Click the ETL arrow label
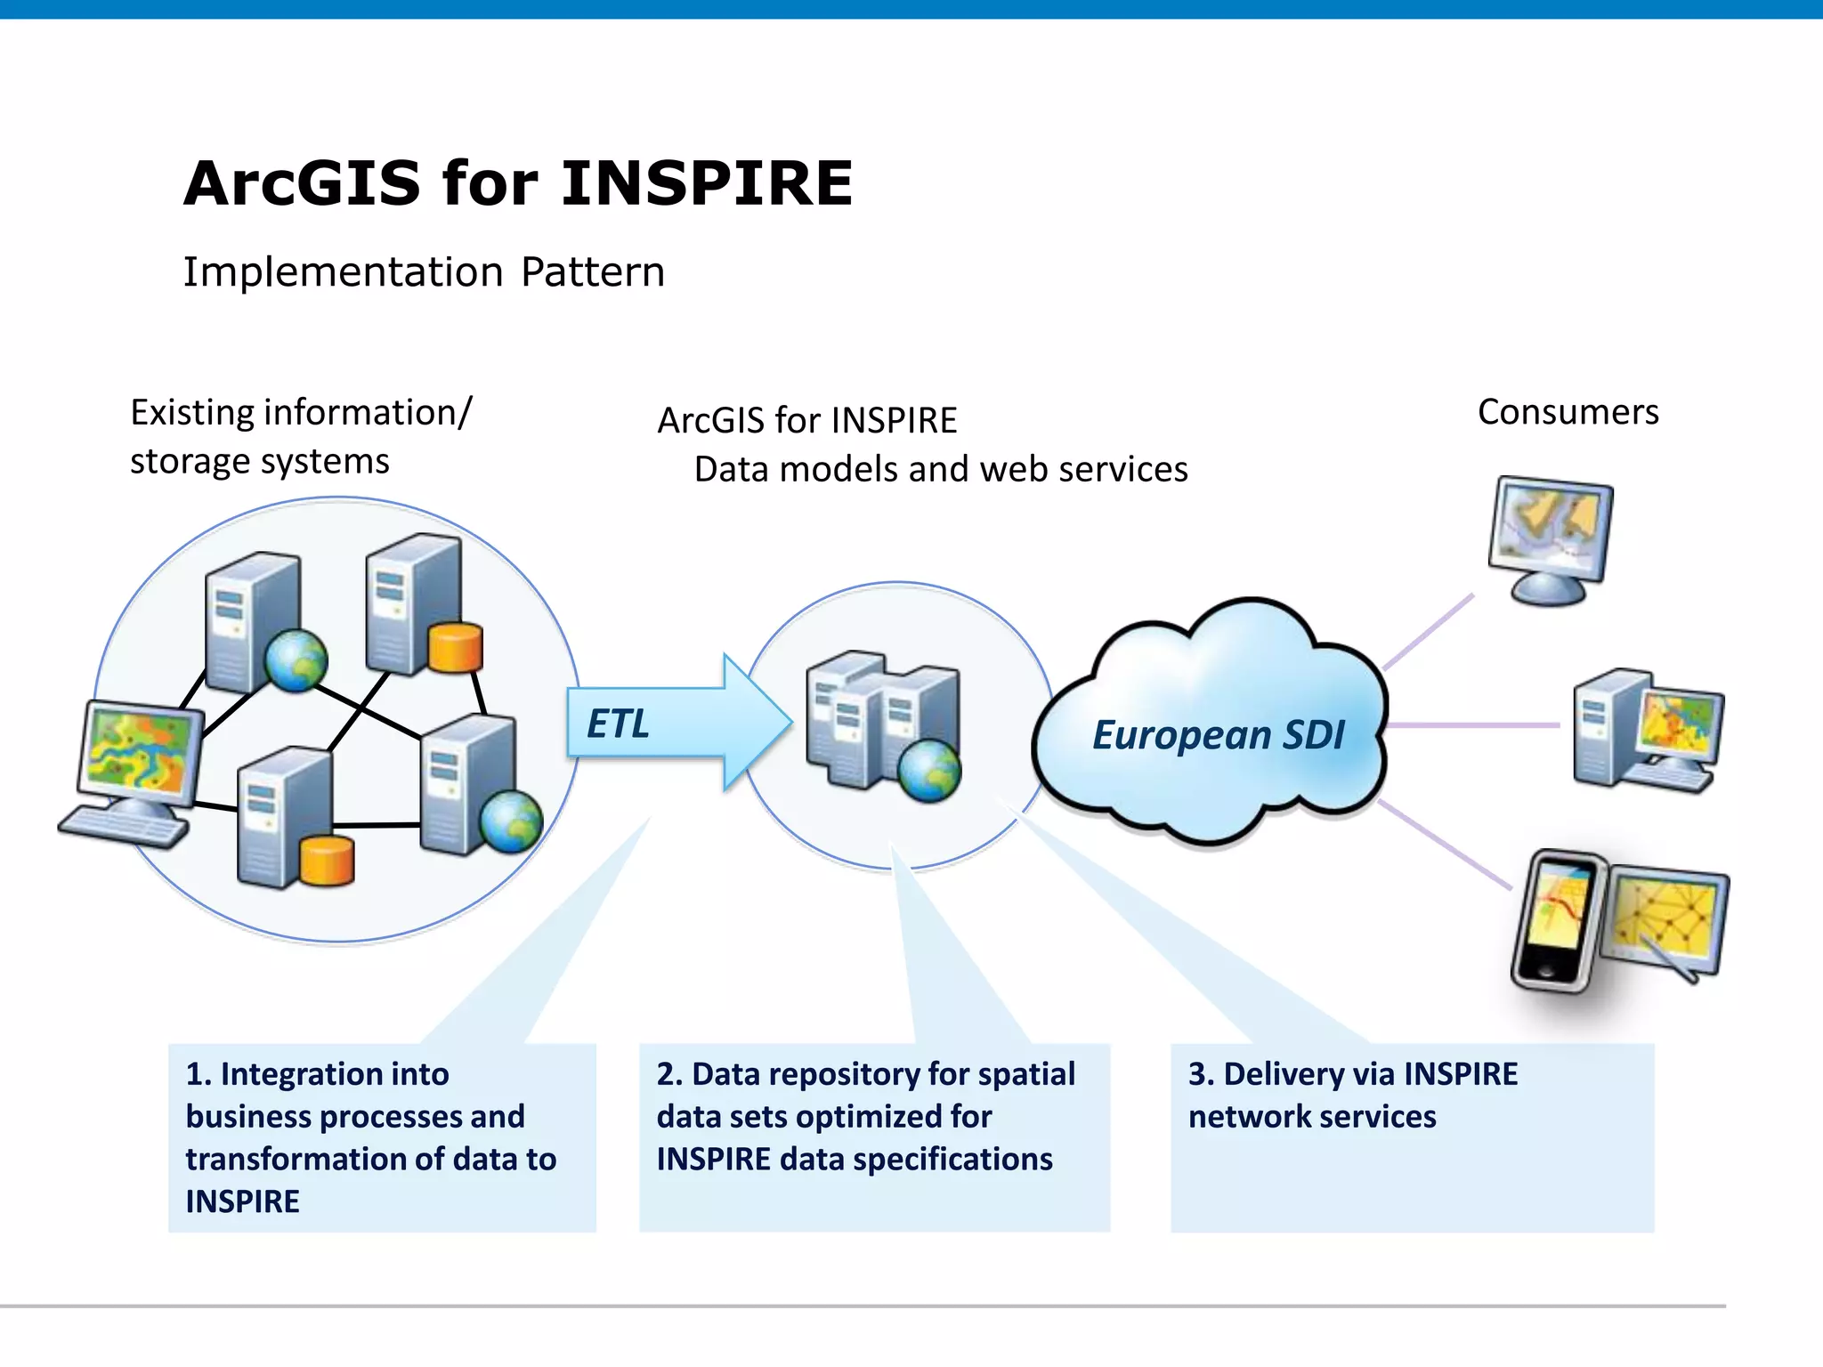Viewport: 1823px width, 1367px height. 618,724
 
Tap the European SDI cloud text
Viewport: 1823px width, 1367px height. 1217,735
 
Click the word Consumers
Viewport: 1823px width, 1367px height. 1568,412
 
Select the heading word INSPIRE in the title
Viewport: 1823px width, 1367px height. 707,183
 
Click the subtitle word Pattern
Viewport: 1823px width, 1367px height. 592,272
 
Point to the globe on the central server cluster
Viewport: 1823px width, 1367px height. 928,770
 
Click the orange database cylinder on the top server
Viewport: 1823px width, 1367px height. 455,647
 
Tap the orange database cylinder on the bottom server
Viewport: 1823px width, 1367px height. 327,861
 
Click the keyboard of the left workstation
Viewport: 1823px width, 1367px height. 123,828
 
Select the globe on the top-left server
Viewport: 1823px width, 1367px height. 296,660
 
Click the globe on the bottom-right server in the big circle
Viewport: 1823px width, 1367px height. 511,821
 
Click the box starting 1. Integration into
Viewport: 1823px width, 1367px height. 381,1136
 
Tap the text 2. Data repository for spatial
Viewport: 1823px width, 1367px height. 865,1074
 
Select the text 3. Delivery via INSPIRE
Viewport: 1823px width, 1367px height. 1352,1074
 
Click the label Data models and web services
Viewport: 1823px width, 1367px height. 940,469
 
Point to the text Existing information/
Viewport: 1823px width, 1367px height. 301,413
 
